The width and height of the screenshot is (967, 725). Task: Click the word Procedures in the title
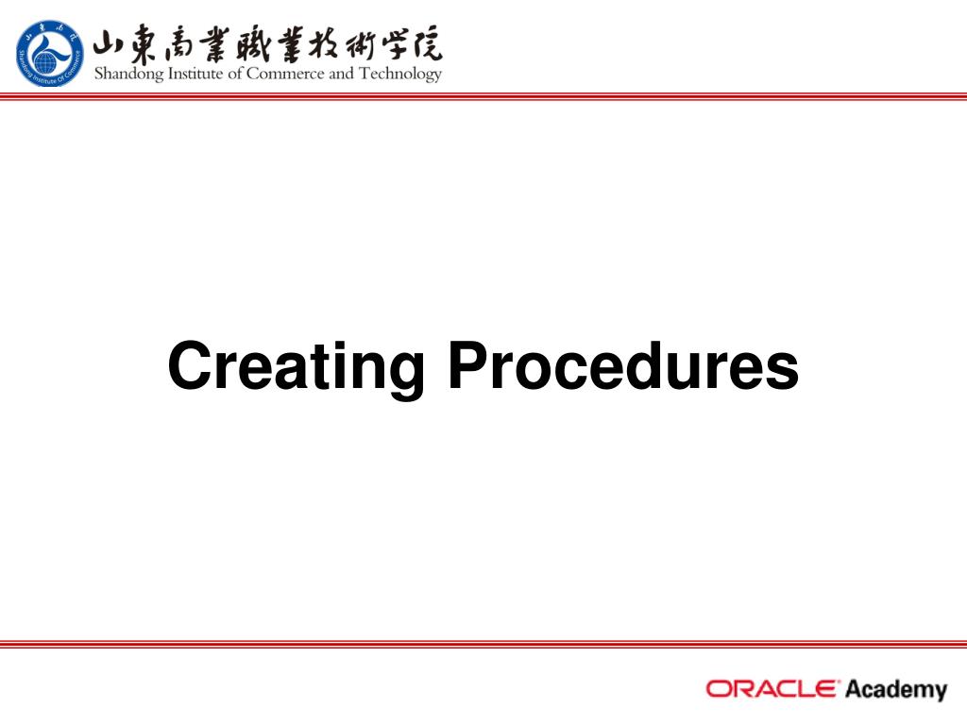[623, 365]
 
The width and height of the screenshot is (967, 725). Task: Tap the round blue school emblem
[49, 53]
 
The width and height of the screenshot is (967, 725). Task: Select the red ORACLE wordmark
[772, 688]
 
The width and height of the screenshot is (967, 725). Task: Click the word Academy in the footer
[896, 690]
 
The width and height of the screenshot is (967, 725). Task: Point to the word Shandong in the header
[128, 74]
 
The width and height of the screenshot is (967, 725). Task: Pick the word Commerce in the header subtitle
[285, 74]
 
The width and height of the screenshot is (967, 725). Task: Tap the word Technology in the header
[400, 74]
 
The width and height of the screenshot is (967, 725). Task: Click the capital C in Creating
[190, 365]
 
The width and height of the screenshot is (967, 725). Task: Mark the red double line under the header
[483, 96]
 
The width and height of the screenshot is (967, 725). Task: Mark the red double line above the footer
[483, 644]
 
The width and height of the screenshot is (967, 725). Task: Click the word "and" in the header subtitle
[341, 74]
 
